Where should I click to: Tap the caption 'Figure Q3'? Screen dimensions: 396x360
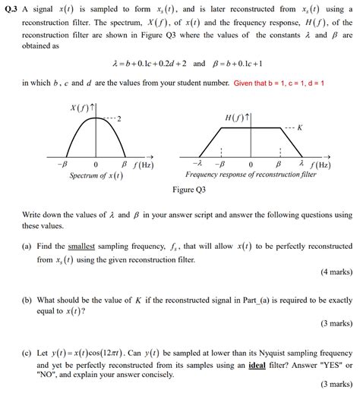[189, 190]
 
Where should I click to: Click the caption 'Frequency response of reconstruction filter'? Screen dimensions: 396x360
[251, 175]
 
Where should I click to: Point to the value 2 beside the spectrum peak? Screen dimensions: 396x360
[119, 120]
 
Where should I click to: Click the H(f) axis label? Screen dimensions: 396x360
[236, 118]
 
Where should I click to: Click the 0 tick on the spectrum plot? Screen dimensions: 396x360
[96, 164]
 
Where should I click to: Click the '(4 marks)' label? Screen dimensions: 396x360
[335, 272]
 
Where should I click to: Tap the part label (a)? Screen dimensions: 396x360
[27, 246]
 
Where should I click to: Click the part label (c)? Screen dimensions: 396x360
[27, 352]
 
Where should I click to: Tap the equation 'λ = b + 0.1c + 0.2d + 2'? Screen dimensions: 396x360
[147, 63]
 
